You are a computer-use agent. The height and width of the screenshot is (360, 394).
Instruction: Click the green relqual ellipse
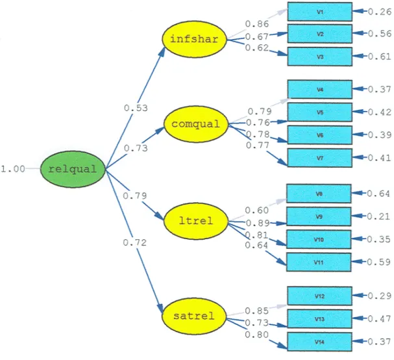[73, 169]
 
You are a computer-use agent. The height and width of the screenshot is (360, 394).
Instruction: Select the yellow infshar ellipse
[194, 39]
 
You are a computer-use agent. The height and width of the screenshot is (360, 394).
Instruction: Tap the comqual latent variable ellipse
[196, 124]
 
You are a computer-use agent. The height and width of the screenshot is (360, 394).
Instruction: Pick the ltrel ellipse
[196, 221]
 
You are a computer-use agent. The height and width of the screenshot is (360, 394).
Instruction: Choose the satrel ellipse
[194, 316]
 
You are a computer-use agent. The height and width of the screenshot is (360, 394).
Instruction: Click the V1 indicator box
[319, 12]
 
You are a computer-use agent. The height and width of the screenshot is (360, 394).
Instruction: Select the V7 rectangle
[319, 158]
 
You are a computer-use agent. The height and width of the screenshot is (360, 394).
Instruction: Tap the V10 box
[319, 239]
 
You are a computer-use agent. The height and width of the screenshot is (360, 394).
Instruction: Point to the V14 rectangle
[319, 342]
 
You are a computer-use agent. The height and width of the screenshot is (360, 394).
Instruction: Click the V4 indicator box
[319, 89]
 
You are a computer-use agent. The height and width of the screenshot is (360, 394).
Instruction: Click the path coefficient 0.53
[136, 108]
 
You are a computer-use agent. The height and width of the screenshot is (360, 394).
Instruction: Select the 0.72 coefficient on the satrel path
[134, 242]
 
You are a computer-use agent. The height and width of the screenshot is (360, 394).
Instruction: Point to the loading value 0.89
[257, 223]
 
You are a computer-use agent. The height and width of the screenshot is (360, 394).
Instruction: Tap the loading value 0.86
[257, 24]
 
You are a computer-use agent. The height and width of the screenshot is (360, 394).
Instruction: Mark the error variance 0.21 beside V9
[378, 216]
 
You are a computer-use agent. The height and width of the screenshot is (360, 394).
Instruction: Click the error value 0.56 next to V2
[380, 33]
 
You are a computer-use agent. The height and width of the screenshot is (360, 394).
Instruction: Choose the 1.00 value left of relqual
[13, 169]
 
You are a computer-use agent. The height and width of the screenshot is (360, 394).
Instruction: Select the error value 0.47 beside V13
[380, 319]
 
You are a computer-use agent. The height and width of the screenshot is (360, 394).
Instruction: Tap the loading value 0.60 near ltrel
[257, 210]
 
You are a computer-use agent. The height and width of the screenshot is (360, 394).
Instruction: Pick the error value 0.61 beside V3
[380, 57]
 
